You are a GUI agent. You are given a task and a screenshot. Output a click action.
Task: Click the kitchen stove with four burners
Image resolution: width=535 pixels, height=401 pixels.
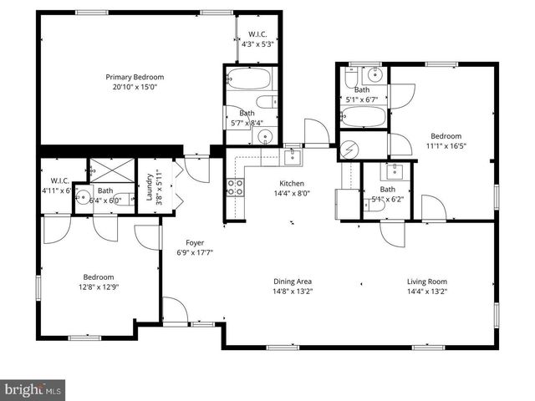tap(233, 188)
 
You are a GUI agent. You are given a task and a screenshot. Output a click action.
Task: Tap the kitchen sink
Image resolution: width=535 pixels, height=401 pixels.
tap(293, 155)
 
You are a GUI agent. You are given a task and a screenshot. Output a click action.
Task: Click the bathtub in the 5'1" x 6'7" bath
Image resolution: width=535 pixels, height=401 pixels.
tap(363, 116)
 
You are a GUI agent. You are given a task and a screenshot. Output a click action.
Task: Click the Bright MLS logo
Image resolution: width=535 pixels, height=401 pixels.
tap(33, 389)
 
